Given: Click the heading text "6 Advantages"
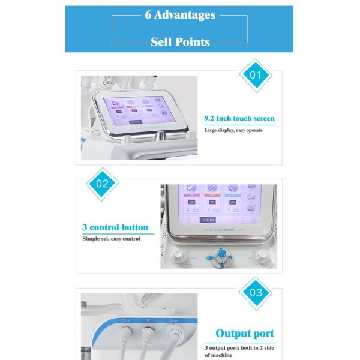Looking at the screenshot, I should click(180, 15).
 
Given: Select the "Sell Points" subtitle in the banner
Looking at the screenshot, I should click(180, 41).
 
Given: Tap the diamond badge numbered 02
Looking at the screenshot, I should click(103, 184).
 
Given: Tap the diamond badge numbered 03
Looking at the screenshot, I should click(256, 293).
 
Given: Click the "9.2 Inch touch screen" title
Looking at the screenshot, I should click(239, 119).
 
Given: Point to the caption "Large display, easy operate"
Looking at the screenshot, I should click(233, 130).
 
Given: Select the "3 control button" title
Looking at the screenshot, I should click(115, 228).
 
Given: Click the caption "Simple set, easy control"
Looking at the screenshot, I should click(111, 239).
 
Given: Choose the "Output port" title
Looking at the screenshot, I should click(244, 334).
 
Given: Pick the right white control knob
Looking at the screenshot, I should click(262, 259).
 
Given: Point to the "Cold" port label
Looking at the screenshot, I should click(125, 320).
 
